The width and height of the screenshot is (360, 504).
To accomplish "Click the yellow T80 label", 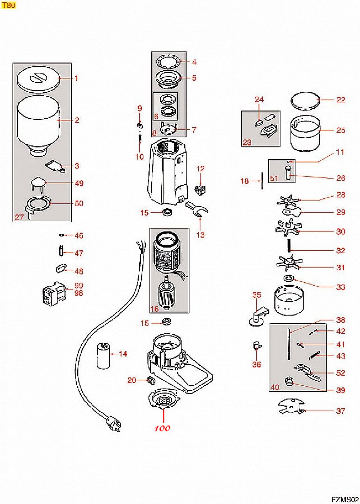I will coord(8,5).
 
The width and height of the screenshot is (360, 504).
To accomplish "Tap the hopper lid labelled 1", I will coord(38,79).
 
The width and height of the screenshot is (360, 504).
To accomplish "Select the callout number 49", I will coord(79,183).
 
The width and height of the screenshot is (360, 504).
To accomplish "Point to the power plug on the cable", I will coord(113,424).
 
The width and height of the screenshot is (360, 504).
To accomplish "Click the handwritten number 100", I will coord(162,428).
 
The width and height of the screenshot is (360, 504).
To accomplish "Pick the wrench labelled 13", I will coord(197,209).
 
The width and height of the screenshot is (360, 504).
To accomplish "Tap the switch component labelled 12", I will coord(200,190).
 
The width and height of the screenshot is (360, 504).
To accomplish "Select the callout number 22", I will coord(341,100).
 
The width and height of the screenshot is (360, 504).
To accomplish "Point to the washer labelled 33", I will coord(289,279).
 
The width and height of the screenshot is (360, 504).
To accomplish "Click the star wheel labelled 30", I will coord(288,228).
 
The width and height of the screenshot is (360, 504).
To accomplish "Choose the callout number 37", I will coord(341,411).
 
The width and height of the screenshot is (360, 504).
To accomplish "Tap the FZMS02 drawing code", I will coord(345,500).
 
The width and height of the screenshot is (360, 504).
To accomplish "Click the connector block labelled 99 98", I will coord(53,294).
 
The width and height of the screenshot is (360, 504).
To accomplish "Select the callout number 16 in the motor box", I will coord(154,309).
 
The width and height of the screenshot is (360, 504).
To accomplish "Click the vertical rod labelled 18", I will coord(262,181).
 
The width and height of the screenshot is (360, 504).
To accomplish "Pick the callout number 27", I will coord(19,217).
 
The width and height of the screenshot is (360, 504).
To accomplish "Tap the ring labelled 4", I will coord(168,61).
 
